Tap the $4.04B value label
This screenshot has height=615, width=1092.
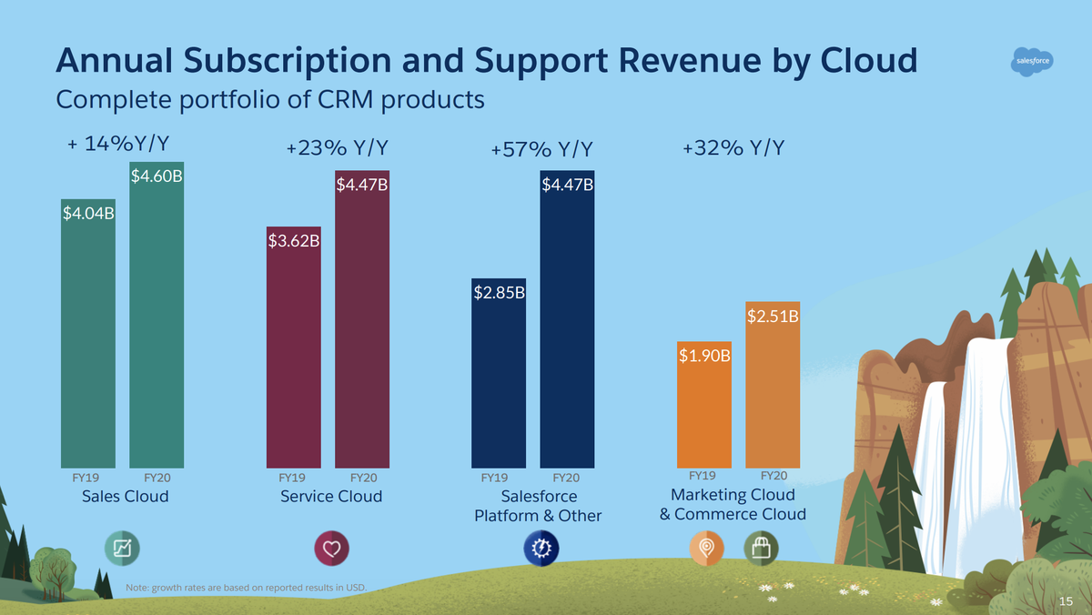88,215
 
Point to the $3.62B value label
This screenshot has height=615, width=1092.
293,242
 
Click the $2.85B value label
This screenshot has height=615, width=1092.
499,293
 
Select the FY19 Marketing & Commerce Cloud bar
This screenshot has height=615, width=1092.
703,409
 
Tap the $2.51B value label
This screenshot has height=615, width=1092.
773,317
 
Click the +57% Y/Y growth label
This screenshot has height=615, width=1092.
541,149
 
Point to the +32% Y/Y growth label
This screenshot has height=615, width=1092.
733,148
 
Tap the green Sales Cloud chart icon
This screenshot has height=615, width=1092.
120,549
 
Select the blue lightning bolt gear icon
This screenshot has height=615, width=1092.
540,549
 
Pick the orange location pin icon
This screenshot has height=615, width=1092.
706,549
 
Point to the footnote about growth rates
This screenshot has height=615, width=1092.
246,587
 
